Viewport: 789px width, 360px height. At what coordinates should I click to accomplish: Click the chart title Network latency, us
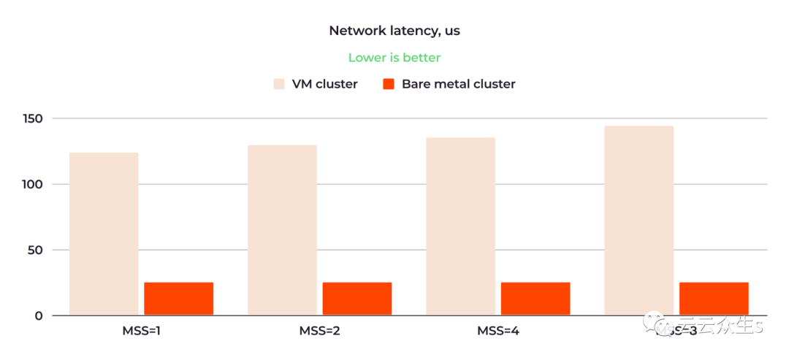[394, 31]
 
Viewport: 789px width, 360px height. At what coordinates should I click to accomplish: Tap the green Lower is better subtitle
[394, 58]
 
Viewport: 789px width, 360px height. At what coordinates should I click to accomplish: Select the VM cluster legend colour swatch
[279, 84]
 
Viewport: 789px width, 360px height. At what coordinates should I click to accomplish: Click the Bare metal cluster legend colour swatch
[389, 84]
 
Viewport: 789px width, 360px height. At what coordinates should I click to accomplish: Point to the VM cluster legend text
[325, 84]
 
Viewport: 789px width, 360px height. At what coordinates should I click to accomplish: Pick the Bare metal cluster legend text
[458, 84]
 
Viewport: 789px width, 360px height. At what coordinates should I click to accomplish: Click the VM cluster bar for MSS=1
[104, 234]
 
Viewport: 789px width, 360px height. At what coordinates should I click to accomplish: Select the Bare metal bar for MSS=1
[178, 299]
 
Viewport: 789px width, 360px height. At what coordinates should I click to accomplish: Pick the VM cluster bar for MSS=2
[282, 230]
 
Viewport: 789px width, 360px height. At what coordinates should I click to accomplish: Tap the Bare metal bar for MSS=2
[357, 299]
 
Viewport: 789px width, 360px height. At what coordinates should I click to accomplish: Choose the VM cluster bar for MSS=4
[460, 226]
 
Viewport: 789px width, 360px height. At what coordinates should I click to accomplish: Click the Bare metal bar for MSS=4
[535, 299]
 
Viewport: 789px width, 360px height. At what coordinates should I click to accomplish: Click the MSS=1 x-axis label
[141, 331]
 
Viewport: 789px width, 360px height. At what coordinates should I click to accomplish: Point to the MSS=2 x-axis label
[319, 331]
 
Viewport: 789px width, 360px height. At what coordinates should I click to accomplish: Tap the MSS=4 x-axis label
[498, 331]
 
